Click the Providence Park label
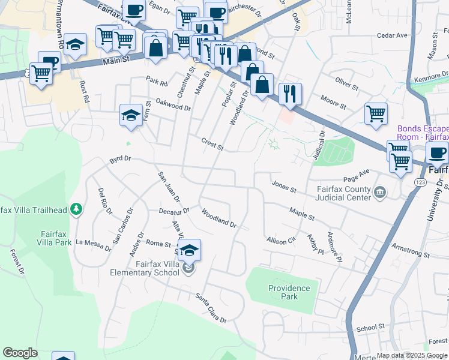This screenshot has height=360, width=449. click(289, 292)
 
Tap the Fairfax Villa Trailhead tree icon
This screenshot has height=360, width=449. click(76, 209)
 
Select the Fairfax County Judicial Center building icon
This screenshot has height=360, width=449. click(379, 193)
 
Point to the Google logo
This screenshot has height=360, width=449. click(20, 353)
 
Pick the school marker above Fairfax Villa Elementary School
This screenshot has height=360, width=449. click(189, 250)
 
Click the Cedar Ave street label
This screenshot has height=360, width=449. click(392, 35)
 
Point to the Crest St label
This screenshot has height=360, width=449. click(212, 145)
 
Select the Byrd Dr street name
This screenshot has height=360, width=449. click(120, 161)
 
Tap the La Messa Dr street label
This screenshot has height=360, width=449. click(94, 242)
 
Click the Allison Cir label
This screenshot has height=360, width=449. click(282, 240)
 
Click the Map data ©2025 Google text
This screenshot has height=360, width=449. click(411, 355)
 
